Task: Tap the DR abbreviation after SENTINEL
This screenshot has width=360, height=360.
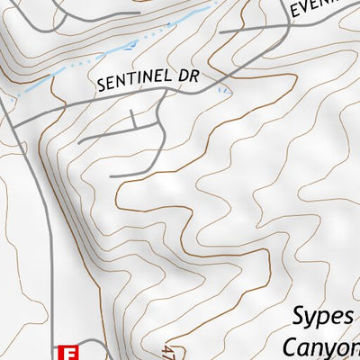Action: click(x=187, y=78)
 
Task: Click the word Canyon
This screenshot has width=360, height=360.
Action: click(x=321, y=346)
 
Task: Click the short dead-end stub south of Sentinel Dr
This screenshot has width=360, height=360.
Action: click(x=134, y=119)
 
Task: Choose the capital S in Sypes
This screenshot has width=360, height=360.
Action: click(x=301, y=317)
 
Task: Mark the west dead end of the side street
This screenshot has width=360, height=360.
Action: click(x=80, y=140)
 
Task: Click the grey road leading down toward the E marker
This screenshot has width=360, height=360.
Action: click(x=50, y=270)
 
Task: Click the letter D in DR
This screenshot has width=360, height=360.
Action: click(x=183, y=78)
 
